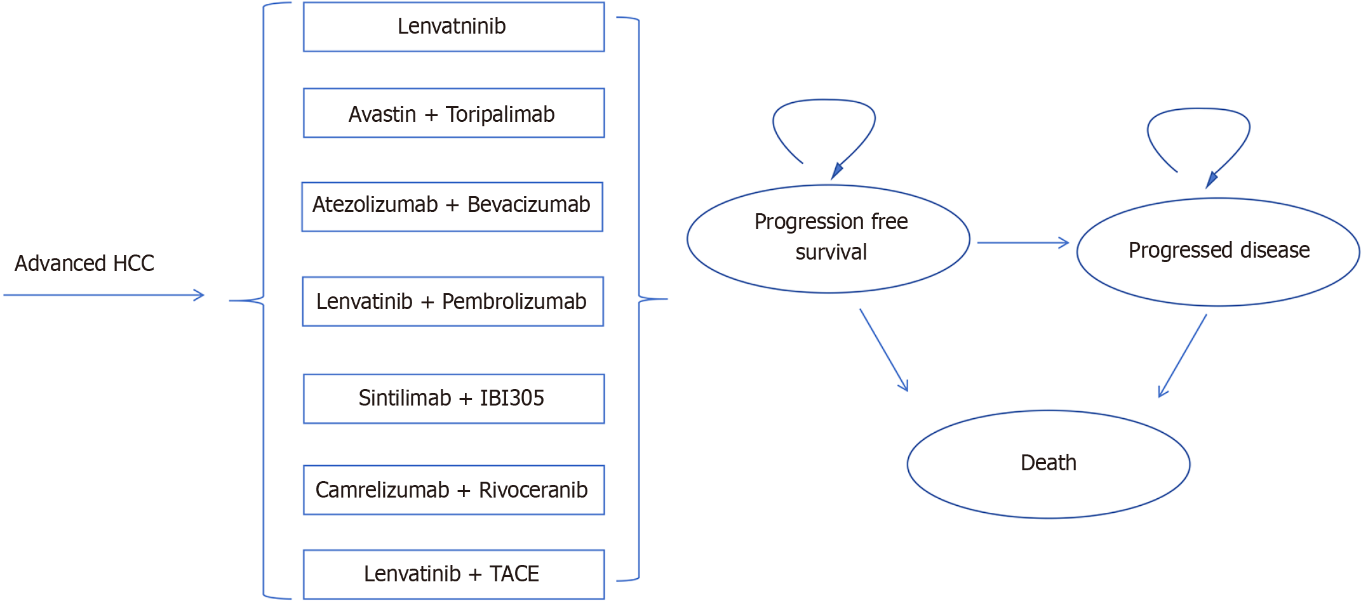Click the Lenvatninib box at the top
click(453, 27)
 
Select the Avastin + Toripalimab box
click(453, 113)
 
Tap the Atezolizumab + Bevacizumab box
click(452, 207)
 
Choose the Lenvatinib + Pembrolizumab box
click(452, 301)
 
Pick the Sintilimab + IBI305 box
click(453, 399)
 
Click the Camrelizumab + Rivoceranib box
click(453, 490)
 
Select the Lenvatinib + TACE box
click(453, 574)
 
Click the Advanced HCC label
click(84, 263)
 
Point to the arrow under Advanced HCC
click(104, 295)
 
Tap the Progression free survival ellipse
click(828, 239)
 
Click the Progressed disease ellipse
click(1218, 251)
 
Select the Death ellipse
click(1048, 464)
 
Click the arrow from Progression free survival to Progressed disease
click(1023, 242)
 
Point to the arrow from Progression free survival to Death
click(883, 350)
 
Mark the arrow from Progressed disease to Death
click(1183, 355)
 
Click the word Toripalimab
click(500, 114)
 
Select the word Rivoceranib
click(533, 490)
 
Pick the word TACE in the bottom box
click(514, 574)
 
